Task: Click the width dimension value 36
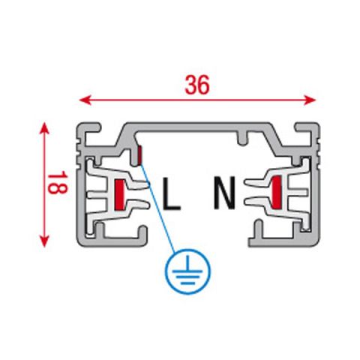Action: pos(197,85)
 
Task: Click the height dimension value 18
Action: pos(58,182)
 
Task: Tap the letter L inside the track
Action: pos(171,193)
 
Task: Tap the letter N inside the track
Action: pos(224,193)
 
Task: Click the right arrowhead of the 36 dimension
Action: pos(310,100)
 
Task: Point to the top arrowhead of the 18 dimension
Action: pos(44,128)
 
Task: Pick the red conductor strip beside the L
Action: pos(118,194)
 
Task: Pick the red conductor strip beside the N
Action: pos(277,192)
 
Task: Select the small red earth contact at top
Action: pos(139,155)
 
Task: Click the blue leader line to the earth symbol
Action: pos(158,207)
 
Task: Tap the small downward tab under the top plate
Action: pos(241,139)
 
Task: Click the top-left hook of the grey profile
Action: pos(88,128)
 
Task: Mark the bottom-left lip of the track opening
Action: pos(142,235)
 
